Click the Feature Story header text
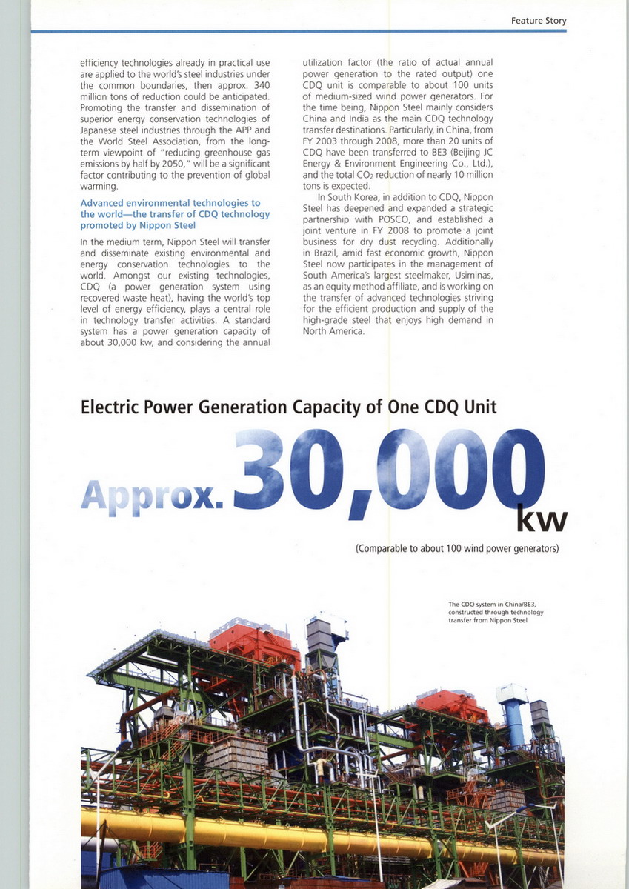click(539, 21)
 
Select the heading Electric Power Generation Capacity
click(289, 407)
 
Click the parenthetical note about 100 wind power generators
click(456, 549)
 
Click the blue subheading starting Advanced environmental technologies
click(170, 213)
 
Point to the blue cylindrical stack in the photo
click(513, 718)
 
